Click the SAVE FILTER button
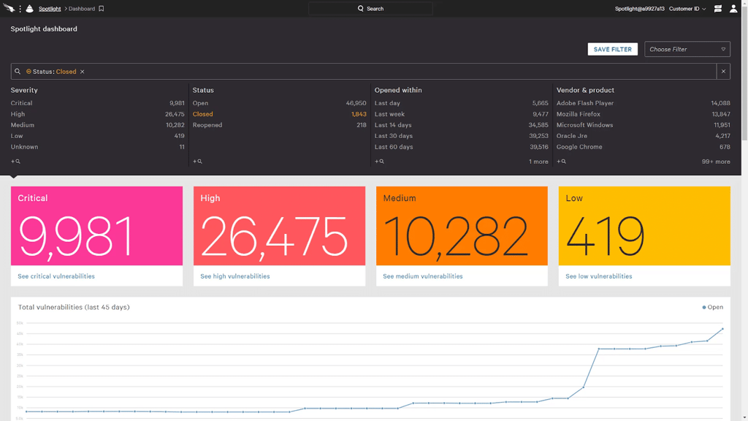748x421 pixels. [x=612, y=49]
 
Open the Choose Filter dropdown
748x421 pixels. [x=687, y=49]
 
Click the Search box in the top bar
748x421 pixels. [x=370, y=9]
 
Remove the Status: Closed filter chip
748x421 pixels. [x=83, y=72]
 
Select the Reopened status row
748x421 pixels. [x=207, y=125]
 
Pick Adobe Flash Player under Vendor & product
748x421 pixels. [x=585, y=103]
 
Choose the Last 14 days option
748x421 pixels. [x=393, y=125]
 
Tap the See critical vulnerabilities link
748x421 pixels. [x=56, y=276]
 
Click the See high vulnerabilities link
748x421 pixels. [x=235, y=276]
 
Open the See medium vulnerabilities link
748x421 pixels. [x=423, y=276]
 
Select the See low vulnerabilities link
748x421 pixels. [x=599, y=276]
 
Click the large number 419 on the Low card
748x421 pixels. [x=605, y=236]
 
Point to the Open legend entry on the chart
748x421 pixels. [x=713, y=307]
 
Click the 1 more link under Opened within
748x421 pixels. [x=538, y=162]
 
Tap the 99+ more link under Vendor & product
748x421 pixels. [x=716, y=162]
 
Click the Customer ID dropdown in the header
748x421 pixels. [x=687, y=9]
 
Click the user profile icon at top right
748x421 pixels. [x=733, y=9]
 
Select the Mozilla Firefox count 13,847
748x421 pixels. [x=720, y=114]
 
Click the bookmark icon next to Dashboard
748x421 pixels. [x=102, y=9]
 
